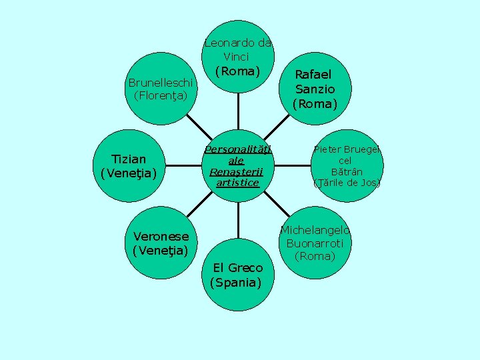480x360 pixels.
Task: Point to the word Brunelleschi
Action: click(x=161, y=83)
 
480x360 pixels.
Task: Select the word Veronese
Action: click(x=161, y=236)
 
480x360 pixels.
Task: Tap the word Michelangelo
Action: click(x=315, y=231)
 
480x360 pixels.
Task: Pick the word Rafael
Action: click(x=313, y=74)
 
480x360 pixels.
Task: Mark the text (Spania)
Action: click(x=235, y=282)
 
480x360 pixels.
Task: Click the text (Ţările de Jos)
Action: click(x=347, y=183)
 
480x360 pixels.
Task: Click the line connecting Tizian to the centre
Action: click(x=181, y=165)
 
